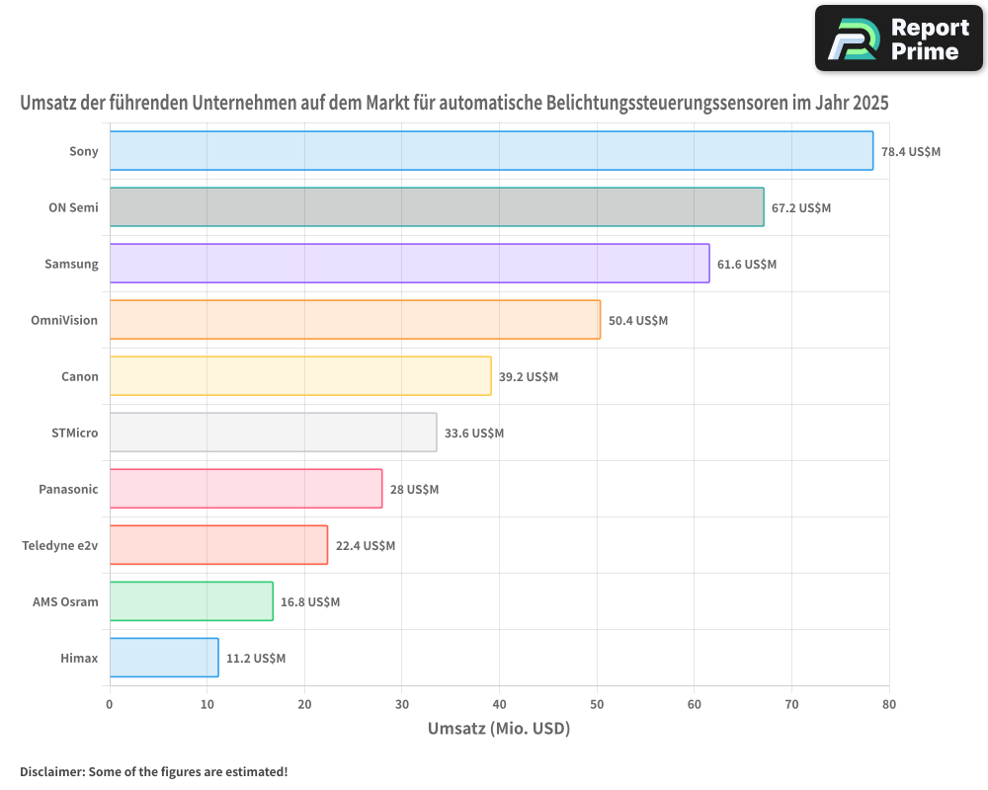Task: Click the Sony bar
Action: [491, 151]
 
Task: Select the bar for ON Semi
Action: [437, 207]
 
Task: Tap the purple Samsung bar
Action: [409, 264]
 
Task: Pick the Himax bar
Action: [164, 658]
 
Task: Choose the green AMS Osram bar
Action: [191, 601]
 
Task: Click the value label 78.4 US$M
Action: [911, 152]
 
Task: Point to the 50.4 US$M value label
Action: [638, 321]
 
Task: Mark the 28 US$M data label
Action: [414, 490]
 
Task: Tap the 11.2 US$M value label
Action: [256, 659]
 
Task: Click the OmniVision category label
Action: [65, 320]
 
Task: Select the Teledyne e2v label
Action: [60, 545]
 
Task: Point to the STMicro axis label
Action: [75, 433]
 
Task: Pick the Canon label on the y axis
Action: [80, 376]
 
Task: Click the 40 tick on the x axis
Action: [499, 705]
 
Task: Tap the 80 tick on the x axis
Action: [889, 705]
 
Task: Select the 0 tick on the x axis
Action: [110, 705]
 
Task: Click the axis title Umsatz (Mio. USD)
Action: [499, 730]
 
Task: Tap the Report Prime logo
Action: [898, 39]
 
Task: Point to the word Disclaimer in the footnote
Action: [50, 771]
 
